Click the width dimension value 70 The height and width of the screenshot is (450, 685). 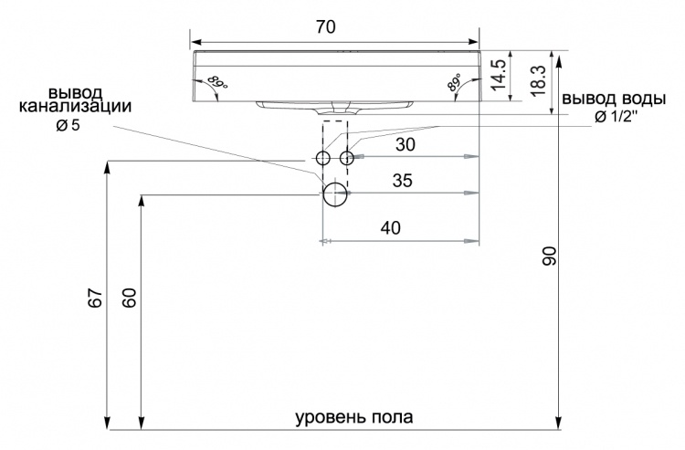tap(326, 27)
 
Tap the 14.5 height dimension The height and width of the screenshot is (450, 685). tap(499, 75)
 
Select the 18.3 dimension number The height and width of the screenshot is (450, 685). tap(537, 80)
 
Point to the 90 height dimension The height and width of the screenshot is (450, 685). tap(549, 256)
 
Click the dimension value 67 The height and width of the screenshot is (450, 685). tap(96, 298)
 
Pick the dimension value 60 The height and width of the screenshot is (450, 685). tap(130, 298)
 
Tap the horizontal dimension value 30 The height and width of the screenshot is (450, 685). tap(405, 144)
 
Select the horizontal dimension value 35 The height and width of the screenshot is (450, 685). tap(403, 180)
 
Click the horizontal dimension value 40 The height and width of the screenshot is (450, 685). tap(391, 228)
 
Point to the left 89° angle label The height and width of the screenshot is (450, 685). tap(217, 81)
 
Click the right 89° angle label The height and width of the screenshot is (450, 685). tap(454, 81)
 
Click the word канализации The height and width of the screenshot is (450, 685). tap(75, 107)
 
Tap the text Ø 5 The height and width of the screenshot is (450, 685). tap(68, 126)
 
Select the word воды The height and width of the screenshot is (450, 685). tap(641, 99)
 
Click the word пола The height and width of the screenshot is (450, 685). tap(393, 417)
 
